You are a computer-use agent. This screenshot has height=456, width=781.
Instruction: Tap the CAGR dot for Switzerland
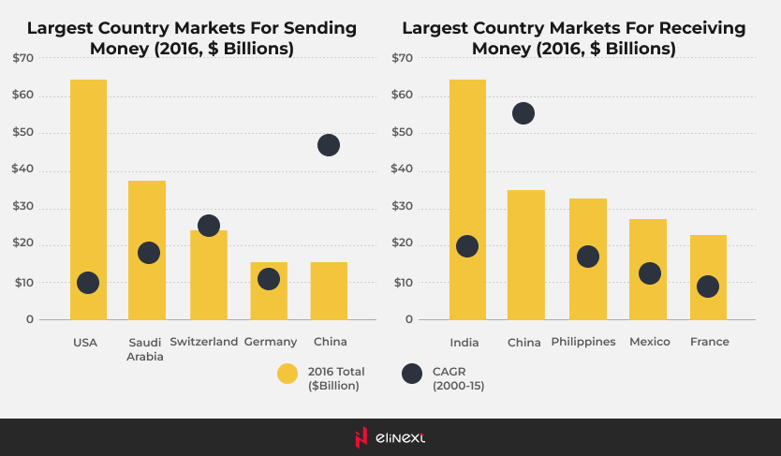point(209,226)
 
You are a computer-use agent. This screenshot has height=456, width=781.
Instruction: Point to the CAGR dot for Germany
point(269,279)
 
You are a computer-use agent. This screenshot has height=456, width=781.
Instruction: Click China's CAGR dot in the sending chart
point(329,145)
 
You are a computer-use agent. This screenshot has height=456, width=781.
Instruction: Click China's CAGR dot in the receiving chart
point(523,113)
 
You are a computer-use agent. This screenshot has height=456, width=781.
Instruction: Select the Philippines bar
point(588,225)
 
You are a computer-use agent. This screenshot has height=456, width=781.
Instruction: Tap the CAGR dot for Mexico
point(650,273)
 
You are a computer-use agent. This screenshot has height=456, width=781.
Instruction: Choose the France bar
point(708,253)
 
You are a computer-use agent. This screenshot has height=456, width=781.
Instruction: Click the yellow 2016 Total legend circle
point(287,374)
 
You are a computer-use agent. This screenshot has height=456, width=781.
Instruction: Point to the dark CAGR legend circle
point(411,374)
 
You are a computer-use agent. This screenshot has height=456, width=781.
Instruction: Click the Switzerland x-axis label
point(204,342)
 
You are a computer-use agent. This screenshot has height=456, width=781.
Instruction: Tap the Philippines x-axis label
point(583,342)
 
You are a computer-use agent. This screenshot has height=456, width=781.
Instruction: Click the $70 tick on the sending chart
point(23,58)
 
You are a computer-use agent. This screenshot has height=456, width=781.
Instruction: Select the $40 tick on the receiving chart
point(403,169)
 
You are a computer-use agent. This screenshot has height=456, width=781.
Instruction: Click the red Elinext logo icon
point(361,437)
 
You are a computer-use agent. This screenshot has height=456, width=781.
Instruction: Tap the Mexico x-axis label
point(650,342)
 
